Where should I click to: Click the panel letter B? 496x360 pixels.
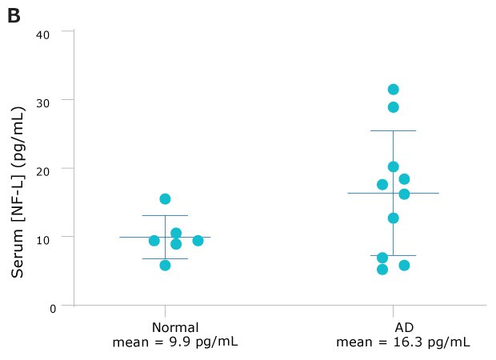point(14,15)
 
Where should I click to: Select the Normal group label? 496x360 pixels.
point(175,328)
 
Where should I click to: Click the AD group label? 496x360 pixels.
point(403,328)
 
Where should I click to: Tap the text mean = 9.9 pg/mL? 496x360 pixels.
point(175,342)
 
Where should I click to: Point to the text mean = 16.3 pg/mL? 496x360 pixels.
point(403,342)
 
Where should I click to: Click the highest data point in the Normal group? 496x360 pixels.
point(165,198)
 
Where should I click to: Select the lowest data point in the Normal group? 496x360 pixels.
point(165,265)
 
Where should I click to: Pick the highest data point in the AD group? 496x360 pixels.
point(393,90)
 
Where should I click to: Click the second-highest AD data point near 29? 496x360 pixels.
point(393,107)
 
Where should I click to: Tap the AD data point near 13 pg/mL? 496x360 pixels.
point(393,218)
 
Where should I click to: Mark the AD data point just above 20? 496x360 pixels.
point(393,166)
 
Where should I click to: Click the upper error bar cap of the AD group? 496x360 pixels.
point(393,130)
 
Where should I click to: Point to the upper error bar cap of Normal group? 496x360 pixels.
point(165,215)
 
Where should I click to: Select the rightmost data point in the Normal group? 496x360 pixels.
point(198,240)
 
